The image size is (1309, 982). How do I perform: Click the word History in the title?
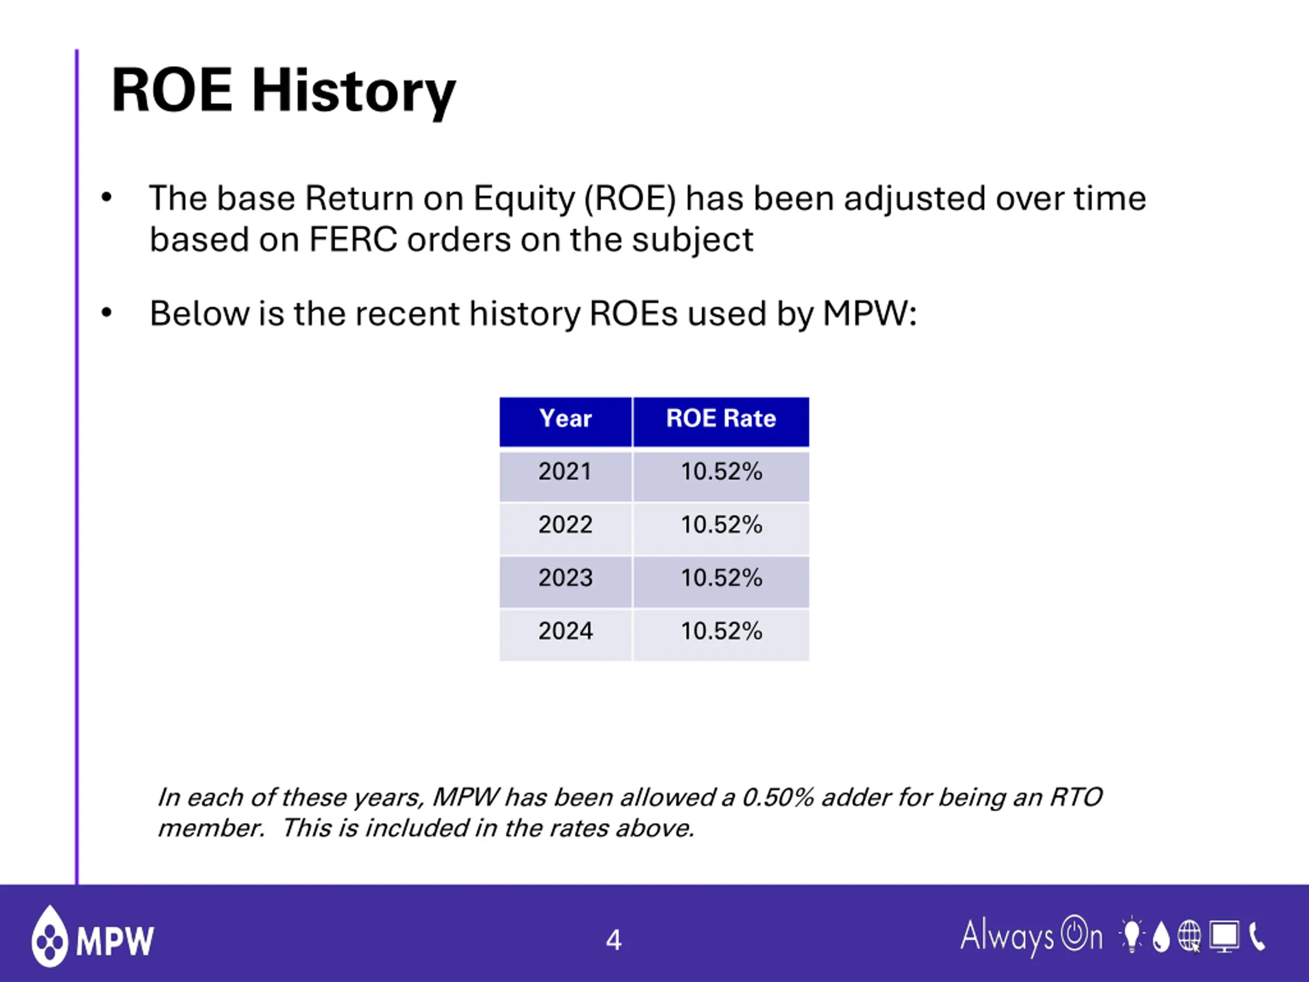[354, 91]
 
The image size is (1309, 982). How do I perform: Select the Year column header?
[566, 421]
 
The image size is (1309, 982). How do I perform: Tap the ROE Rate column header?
[721, 421]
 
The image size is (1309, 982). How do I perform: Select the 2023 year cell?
[566, 583]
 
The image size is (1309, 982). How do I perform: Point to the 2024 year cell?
[566, 635]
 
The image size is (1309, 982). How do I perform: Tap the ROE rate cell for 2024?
[721, 635]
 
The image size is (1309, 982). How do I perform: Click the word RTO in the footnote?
[1076, 797]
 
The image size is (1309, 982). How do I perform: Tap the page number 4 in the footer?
[614, 940]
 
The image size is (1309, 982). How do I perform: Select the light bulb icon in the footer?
[1132, 935]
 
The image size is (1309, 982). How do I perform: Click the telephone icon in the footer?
[1257, 936]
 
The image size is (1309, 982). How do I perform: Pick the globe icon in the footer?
[1189, 936]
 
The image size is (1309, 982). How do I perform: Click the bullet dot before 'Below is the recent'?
[106, 313]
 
